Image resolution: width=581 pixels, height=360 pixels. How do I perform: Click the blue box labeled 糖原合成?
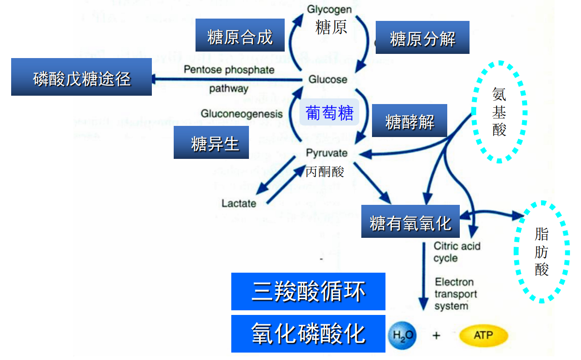(x=240, y=35)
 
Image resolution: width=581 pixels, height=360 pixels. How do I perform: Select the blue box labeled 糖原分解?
(x=422, y=38)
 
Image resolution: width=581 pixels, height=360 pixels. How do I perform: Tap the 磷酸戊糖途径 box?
(x=81, y=77)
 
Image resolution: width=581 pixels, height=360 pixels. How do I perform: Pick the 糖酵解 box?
(x=410, y=121)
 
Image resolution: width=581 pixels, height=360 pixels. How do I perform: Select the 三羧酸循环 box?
(x=308, y=292)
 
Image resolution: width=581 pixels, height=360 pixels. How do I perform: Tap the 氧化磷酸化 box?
(x=308, y=334)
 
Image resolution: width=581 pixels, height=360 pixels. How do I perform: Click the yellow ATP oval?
(x=483, y=335)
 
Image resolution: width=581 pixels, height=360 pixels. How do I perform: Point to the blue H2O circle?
(x=402, y=335)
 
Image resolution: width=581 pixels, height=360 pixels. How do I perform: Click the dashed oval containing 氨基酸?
(x=499, y=111)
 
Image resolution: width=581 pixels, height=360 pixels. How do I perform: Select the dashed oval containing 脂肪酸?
(x=542, y=252)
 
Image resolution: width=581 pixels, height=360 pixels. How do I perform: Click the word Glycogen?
(x=330, y=9)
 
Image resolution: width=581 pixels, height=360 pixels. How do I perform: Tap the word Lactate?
(x=239, y=203)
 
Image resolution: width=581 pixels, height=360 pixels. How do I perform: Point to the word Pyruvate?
(x=327, y=153)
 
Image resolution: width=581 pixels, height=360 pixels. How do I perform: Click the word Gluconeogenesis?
(x=242, y=114)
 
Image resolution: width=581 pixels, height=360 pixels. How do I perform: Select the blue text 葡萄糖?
(x=330, y=112)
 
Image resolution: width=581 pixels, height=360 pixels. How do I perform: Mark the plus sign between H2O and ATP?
(x=436, y=335)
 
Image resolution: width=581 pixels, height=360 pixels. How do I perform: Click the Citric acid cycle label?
(x=457, y=252)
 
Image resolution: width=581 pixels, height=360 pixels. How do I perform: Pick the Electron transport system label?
(x=455, y=294)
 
